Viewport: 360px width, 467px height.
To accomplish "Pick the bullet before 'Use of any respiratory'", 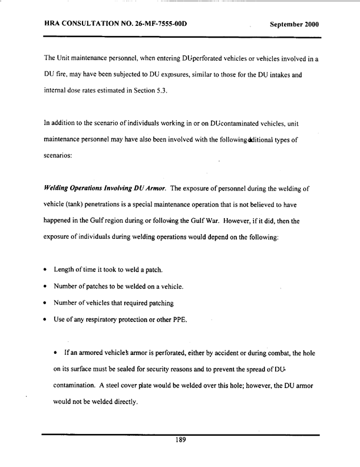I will tap(45, 320).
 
